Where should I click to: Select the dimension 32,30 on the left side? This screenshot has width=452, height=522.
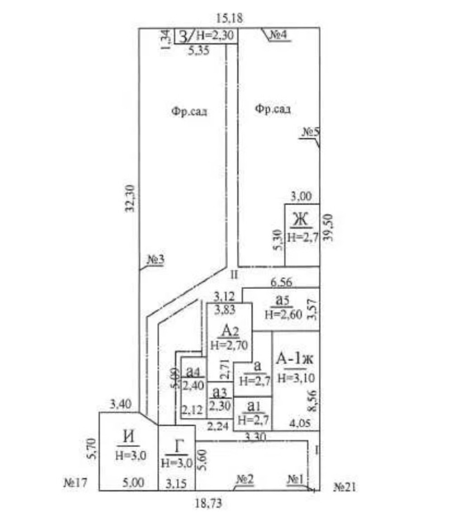coord(131,199)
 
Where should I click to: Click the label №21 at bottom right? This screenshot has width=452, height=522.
coord(346,487)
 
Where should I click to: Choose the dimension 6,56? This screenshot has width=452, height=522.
coord(281,282)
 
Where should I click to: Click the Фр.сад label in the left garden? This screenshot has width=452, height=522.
coord(189,112)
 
